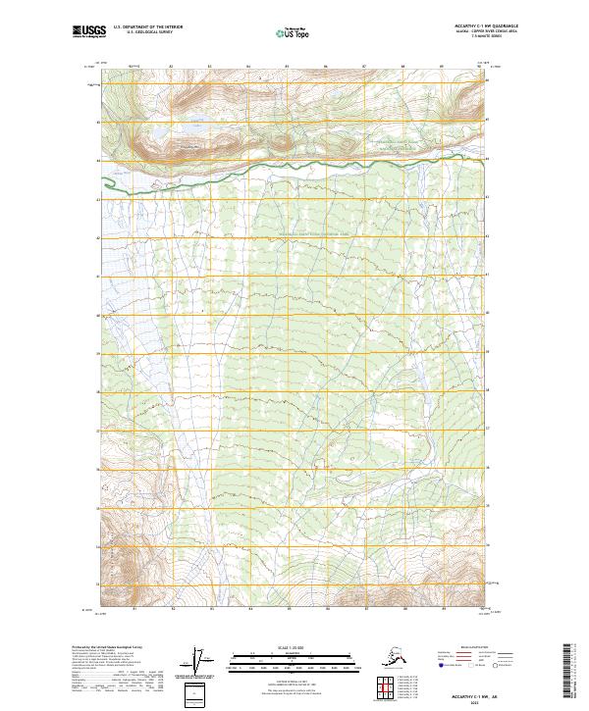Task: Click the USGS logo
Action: [84, 33]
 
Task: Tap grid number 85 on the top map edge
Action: [286, 67]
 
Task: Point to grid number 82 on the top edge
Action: [171, 67]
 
